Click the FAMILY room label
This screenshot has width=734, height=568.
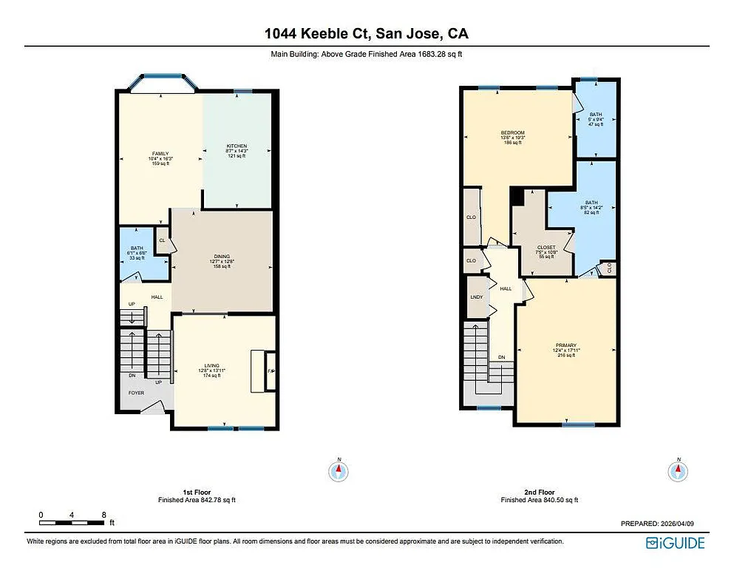(x=160, y=154)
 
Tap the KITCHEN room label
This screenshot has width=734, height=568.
(x=237, y=146)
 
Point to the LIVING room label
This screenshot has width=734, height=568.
(x=213, y=365)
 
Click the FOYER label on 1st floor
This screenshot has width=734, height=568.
(x=136, y=393)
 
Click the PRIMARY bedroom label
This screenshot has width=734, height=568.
(x=566, y=345)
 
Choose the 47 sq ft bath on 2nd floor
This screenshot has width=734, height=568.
(x=596, y=119)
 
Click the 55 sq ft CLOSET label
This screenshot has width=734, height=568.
(x=546, y=248)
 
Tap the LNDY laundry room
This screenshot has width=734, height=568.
(x=476, y=297)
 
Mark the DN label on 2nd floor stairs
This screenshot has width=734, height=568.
(x=501, y=357)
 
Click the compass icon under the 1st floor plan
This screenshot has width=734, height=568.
(x=339, y=470)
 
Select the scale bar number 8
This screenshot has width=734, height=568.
(x=104, y=515)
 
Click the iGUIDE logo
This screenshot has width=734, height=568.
(x=675, y=544)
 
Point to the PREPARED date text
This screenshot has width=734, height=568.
(x=657, y=523)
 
